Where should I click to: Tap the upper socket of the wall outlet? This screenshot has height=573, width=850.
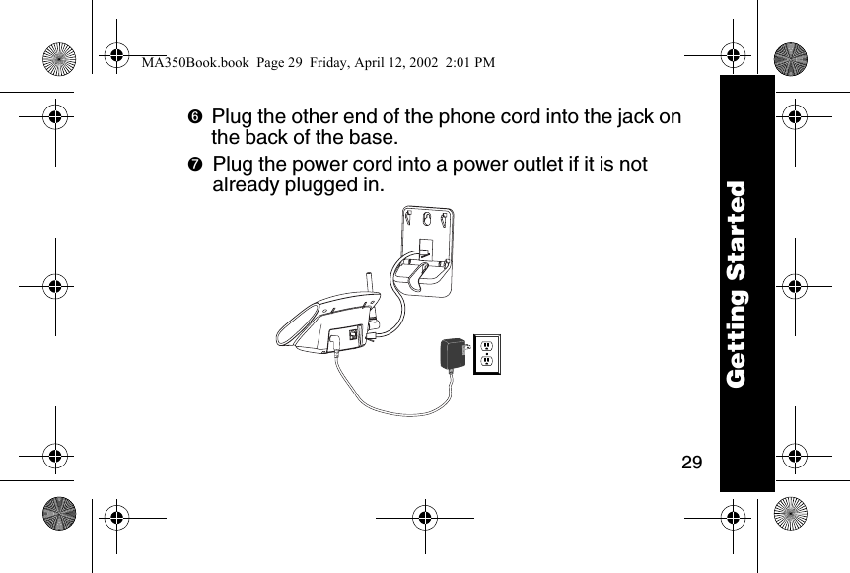[485, 345]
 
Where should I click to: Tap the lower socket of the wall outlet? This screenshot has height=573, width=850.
[485, 363]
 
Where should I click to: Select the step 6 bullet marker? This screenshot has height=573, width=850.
[194, 117]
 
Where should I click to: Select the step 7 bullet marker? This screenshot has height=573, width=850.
[194, 164]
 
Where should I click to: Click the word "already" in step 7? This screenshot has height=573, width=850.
[249, 183]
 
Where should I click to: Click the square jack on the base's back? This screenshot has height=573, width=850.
[354, 330]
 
